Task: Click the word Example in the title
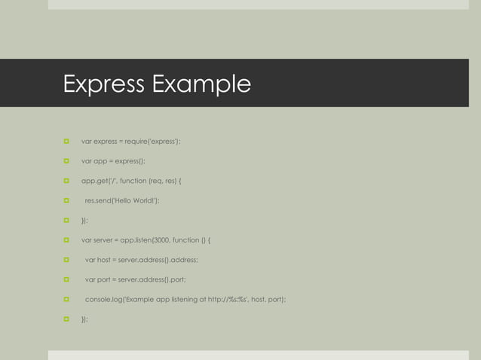point(201,84)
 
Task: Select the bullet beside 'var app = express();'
point(66,160)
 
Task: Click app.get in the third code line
point(95,181)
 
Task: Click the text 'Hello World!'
point(137,200)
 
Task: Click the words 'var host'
point(98,260)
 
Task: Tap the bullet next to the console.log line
point(66,300)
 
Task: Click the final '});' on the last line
point(84,319)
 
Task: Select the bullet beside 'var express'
point(66,141)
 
